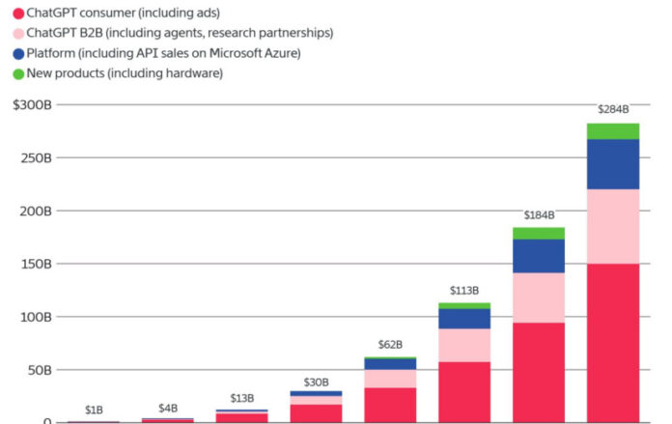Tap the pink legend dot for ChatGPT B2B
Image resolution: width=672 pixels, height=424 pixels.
(17, 33)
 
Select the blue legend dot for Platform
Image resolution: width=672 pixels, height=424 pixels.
(17, 53)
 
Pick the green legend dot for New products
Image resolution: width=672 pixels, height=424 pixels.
(17, 74)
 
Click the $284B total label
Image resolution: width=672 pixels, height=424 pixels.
(613, 109)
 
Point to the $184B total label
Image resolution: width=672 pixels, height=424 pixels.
(538, 214)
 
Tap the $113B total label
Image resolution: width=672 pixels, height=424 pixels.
(463, 290)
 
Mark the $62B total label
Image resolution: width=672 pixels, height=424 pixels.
(390, 344)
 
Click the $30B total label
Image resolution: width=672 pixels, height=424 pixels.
(316, 382)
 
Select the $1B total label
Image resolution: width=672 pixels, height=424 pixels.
(94, 410)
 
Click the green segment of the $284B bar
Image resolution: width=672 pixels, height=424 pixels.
(613, 131)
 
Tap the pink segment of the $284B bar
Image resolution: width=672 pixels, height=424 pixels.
(613, 226)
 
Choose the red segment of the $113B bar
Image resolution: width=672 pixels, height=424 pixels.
(464, 392)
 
